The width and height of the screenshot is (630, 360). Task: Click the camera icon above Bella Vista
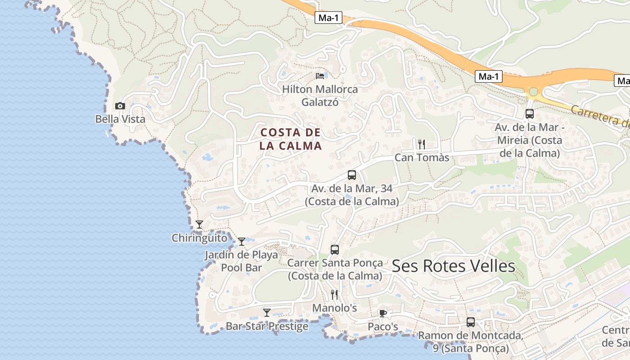[120, 106]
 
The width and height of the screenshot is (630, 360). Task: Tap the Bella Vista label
[120, 119]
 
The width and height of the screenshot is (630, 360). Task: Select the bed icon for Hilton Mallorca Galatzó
[320, 76]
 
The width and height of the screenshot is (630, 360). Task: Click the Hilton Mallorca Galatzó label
[320, 95]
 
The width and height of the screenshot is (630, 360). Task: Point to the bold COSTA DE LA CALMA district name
[291, 139]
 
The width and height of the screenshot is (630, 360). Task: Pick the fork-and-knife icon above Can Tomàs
[422, 144]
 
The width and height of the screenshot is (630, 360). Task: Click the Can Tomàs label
[422, 157]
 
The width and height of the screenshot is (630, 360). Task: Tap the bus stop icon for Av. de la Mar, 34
[352, 175]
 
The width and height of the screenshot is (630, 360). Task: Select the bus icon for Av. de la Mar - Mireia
[530, 113]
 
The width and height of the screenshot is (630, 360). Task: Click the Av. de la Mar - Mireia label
[530, 140]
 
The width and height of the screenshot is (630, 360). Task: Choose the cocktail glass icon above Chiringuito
[199, 224]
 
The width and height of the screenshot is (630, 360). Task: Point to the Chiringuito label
[199, 238]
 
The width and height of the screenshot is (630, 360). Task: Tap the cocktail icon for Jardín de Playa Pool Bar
[242, 242]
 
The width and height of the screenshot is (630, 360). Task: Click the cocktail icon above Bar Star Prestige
[267, 312]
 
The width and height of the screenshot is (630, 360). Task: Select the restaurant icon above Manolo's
[334, 295]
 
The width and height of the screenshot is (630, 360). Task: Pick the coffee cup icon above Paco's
[383, 313]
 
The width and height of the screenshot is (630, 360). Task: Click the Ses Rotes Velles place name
[453, 266]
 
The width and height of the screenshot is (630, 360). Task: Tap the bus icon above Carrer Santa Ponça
[335, 249]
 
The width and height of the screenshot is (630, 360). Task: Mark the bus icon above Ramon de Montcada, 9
[471, 322]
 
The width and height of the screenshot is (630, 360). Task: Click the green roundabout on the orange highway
[534, 92]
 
